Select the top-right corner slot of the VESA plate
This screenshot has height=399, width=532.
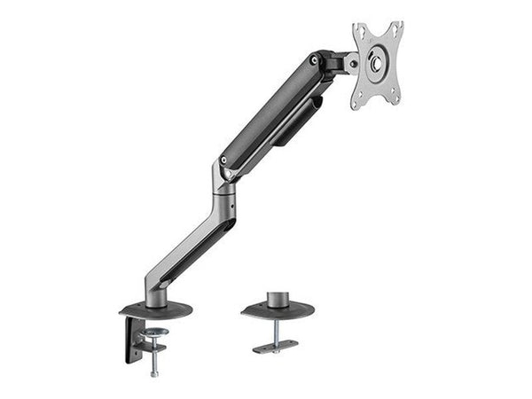point(396,28)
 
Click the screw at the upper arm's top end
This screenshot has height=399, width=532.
point(313,60)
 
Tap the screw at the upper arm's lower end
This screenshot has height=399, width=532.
point(223,160)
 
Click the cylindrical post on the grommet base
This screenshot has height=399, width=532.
point(277,299)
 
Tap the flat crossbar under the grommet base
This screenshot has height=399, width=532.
point(275,347)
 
